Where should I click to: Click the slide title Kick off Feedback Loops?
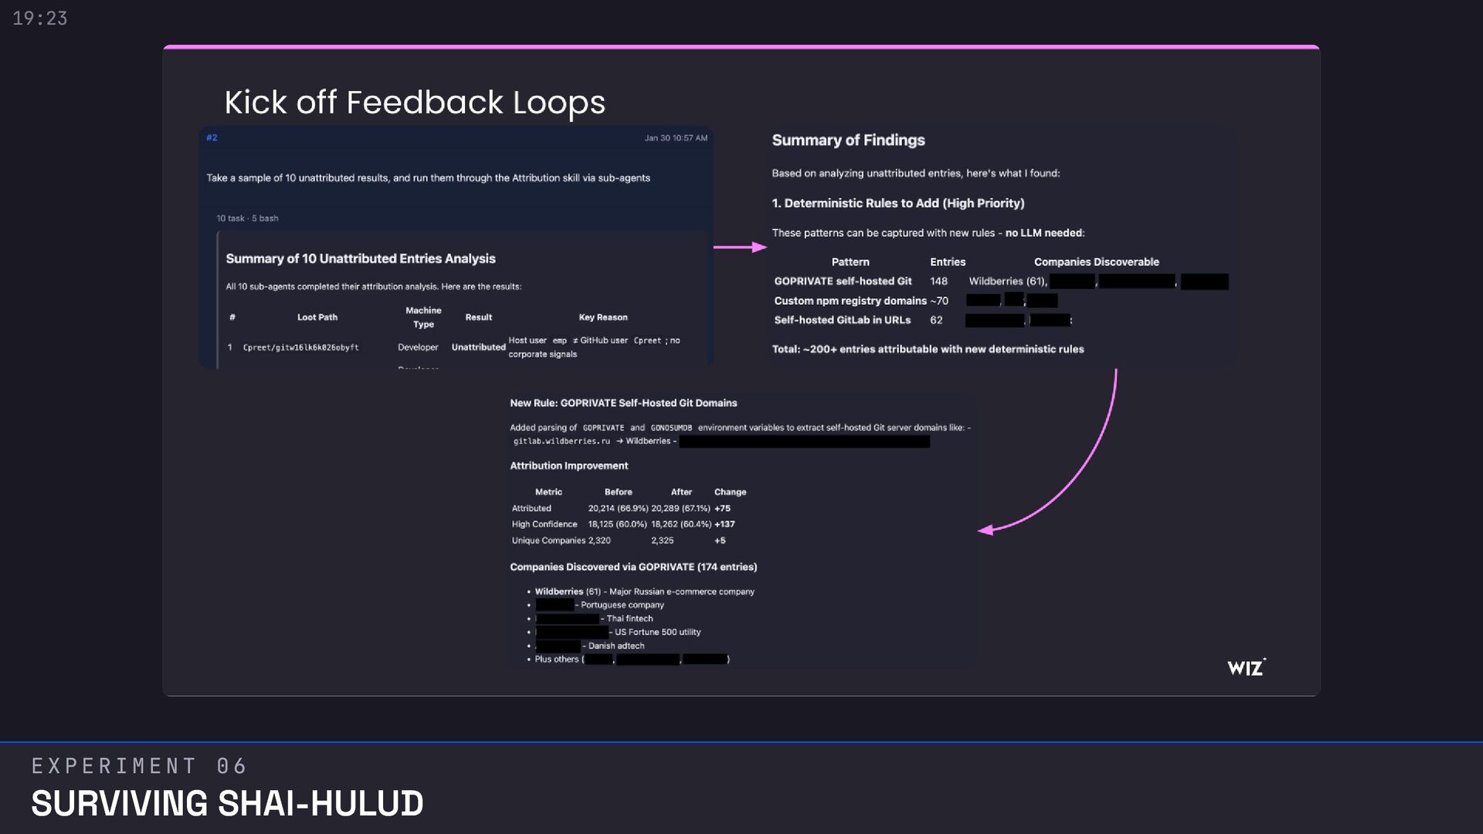pos(415,103)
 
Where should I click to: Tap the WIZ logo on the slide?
pos(1246,668)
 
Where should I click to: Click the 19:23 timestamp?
pos(40,19)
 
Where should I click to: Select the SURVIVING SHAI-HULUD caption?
pos(227,804)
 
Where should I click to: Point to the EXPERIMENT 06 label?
pos(139,766)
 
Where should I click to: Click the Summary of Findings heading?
pos(848,141)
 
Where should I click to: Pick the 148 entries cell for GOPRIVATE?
pos(938,282)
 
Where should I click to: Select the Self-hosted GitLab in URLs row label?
pos(842,320)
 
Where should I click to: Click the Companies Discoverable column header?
pos(1096,263)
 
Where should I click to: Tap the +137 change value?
pos(725,524)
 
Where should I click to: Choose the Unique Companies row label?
pos(548,541)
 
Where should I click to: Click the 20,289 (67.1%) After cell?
pos(680,509)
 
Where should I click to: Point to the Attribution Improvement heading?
pos(568,466)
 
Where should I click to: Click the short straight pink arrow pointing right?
pos(739,247)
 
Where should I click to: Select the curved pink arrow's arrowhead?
pos(986,530)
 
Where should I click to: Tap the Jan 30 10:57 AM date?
pos(676,138)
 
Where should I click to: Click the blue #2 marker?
pos(212,138)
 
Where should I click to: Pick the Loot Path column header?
pos(317,317)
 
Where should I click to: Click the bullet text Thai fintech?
pos(630,619)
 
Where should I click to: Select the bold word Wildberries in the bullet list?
pos(558,592)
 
